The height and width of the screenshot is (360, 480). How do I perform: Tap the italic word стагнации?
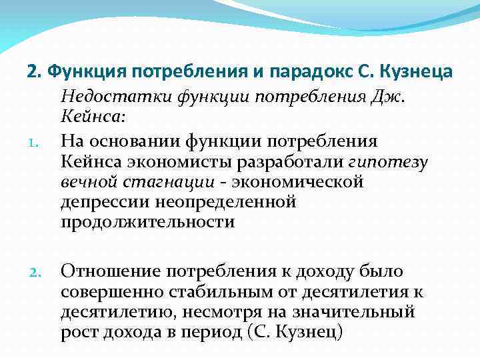pos(174,181)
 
